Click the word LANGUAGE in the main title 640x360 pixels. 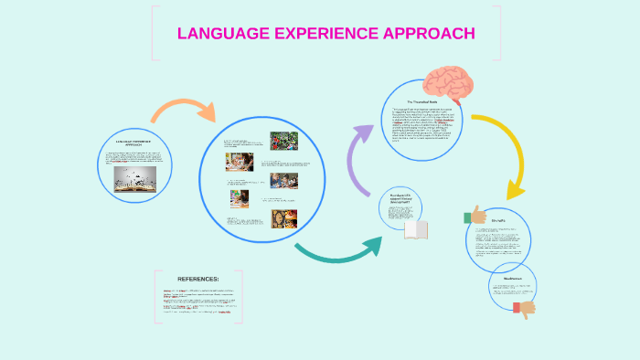pyautogui.click(x=218, y=34)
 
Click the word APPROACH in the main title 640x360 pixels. pyautogui.click(x=430, y=34)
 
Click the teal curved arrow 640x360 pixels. pyautogui.click(x=338, y=251)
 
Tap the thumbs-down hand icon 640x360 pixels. pyautogui.click(x=524, y=308)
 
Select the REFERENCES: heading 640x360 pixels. pyautogui.click(x=199, y=279)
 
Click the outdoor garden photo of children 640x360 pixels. pyautogui.click(x=283, y=142)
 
